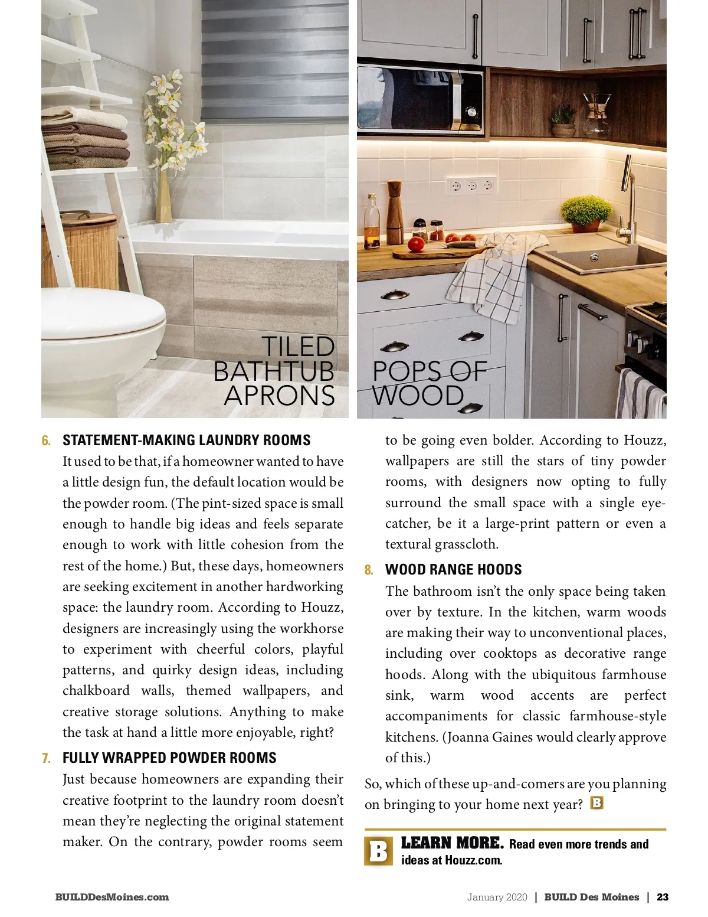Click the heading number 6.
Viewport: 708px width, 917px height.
pyautogui.click(x=46, y=440)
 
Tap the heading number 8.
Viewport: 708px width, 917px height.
pyautogui.click(x=369, y=570)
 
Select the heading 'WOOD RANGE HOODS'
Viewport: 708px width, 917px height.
pyautogui.click(x=453, y=570)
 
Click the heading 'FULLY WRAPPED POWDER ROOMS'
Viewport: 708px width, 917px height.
pyautogui.click(x=169, y=758)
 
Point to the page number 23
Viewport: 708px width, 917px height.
pyautogui.click(x=663, y=897)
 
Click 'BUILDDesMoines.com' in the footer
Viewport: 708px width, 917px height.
pyautogui.click(x=112, y=897)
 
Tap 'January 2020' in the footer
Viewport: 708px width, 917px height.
pyautogui.click(x=497, y=897)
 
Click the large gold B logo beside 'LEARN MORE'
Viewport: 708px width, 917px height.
pyautogui.click(x=378, y=851)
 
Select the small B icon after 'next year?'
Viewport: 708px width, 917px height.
pyautogui.click(x=596, y=803)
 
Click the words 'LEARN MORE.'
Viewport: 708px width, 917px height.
pyautogui.click(x=452, y=843)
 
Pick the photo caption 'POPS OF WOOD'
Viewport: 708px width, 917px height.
pyautogui.click(x=429, y=384)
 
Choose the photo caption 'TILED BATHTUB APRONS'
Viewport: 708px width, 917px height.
pyautogui.click(x=275, y=371)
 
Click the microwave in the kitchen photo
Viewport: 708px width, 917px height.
pyautogui.click(x=420, y=98)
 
